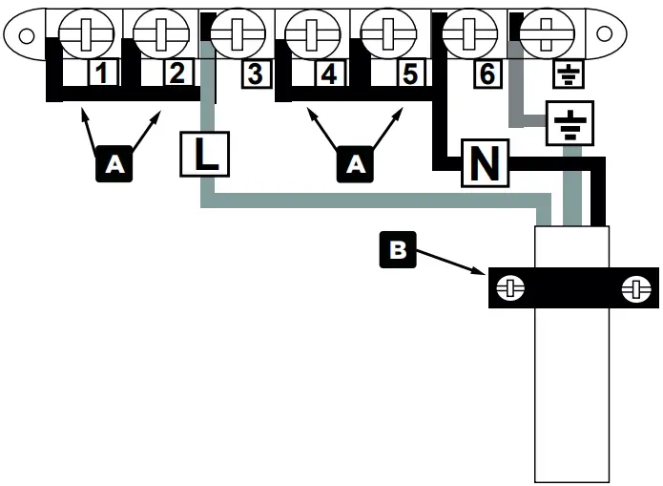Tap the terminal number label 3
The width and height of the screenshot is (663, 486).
254,74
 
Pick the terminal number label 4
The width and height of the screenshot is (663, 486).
330,74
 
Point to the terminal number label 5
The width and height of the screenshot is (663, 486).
408,74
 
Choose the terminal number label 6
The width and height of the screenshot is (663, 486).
486,74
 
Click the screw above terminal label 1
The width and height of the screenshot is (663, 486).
87,35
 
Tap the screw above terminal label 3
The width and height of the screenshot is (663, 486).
238,35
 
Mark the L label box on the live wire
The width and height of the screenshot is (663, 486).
204,154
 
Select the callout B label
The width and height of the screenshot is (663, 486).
398,250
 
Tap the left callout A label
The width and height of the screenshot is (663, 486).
114,165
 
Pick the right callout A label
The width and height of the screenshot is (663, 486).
355,165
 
